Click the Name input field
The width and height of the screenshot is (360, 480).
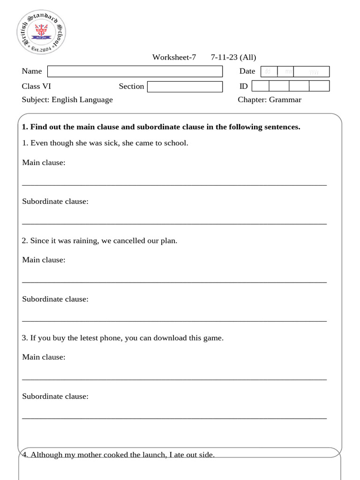[x=135, y=71]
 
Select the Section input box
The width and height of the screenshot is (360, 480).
[x=185, y=87]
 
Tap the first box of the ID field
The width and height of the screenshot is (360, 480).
[x=261, y=86]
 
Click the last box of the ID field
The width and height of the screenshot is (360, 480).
[x=319, y=86]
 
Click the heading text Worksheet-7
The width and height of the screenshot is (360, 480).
[x=174, y=58]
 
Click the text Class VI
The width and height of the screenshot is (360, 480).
[x=37, y=86]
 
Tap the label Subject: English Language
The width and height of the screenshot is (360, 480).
[x=67, y=99]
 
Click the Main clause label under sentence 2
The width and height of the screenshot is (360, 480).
[x=44, y=260]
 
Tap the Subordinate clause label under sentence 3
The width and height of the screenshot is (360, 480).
[x=55, y=396]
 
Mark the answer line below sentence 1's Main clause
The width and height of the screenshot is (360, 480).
[x=174, y=185]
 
